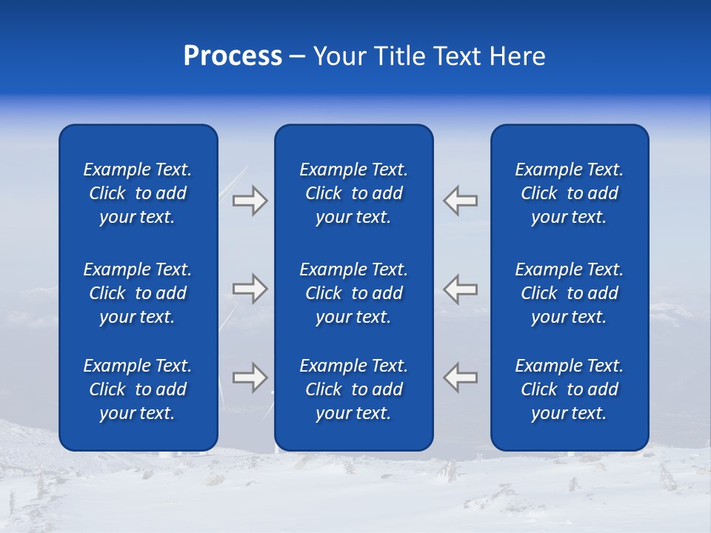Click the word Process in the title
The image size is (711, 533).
(x=233, y=56)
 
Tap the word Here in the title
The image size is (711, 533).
(x=517, y=56)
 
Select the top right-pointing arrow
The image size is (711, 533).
(x=250, y=201)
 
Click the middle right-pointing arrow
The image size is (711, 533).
(x=250, y=288)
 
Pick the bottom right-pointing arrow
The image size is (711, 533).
(x=250, y=377)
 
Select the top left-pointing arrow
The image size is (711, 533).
(x=461, y=201)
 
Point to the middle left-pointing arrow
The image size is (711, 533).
(x=461, y=288)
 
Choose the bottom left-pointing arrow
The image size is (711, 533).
(x=461, y=377)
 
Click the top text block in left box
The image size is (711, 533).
(x=138, y=193)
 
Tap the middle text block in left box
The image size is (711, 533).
(x=138, y=293)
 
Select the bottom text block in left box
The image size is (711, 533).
(x=138, y=389)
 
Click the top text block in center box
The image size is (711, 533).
(x=353, y=193)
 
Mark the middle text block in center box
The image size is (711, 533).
(x=353, y=293)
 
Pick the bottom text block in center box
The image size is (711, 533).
(x=353, y=389)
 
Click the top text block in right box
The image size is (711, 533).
(x=569, y=193)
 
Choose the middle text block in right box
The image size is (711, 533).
(x=569, y=293)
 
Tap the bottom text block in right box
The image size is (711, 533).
(x=569, y=389)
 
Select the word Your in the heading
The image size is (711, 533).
(x=341, y=56)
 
